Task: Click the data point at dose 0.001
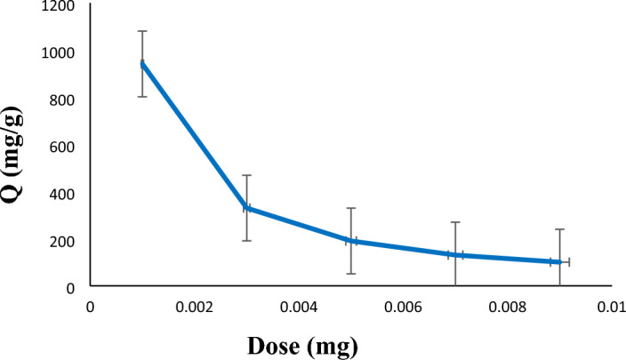click(142, 64)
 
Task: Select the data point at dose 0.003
click(246, 208)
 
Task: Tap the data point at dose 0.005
click(351, 240)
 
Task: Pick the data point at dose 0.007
click(455, 255)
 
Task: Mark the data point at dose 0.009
click(559, 262)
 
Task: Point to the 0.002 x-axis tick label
click(194, 307)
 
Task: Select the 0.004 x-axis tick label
click(298, 307)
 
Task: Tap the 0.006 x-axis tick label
click(403, 307)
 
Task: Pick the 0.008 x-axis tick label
click(507, 307)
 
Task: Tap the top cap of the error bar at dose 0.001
click(142, 31)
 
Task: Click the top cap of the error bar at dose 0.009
click(559, 229)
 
